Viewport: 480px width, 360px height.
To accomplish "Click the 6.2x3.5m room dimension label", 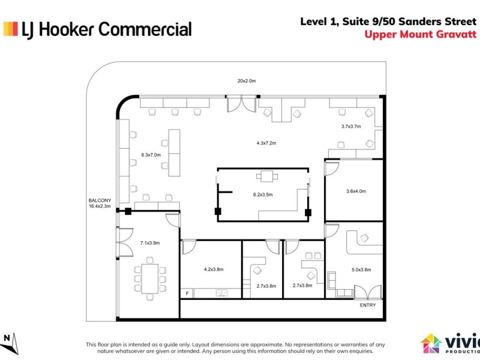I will point(263,194).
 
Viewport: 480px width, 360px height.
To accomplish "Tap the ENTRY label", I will point(368,305).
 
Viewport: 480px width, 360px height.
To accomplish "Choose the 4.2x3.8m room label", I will point(214,269).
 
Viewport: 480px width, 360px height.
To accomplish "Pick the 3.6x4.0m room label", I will point(356,191).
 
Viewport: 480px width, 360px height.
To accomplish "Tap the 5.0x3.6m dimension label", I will point(362,269).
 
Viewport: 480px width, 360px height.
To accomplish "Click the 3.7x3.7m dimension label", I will point(351,127).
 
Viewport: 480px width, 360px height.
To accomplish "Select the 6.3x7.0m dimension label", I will point(151,155).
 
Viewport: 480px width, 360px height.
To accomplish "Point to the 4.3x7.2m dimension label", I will point(266,143).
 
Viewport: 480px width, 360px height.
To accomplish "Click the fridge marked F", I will point(187,293).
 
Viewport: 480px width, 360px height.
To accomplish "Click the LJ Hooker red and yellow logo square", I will point(10,29).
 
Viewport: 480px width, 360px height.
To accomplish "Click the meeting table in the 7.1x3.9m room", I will point(149,278).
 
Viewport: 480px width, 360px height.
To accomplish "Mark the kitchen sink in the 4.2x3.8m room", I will point(221,293).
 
